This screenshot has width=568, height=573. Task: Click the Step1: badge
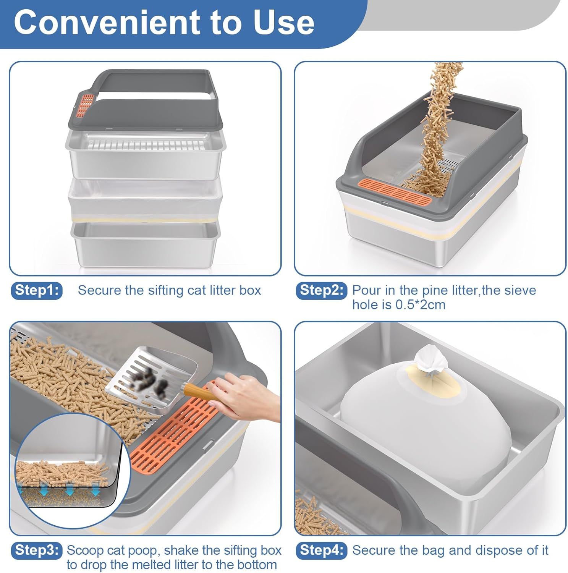[37, 291]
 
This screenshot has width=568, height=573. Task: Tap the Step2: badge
[322, 291]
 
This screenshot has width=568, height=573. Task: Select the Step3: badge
[37, 550]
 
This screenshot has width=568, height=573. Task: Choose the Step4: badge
[322, 550]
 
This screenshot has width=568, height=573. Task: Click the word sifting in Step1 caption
[165, 291]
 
